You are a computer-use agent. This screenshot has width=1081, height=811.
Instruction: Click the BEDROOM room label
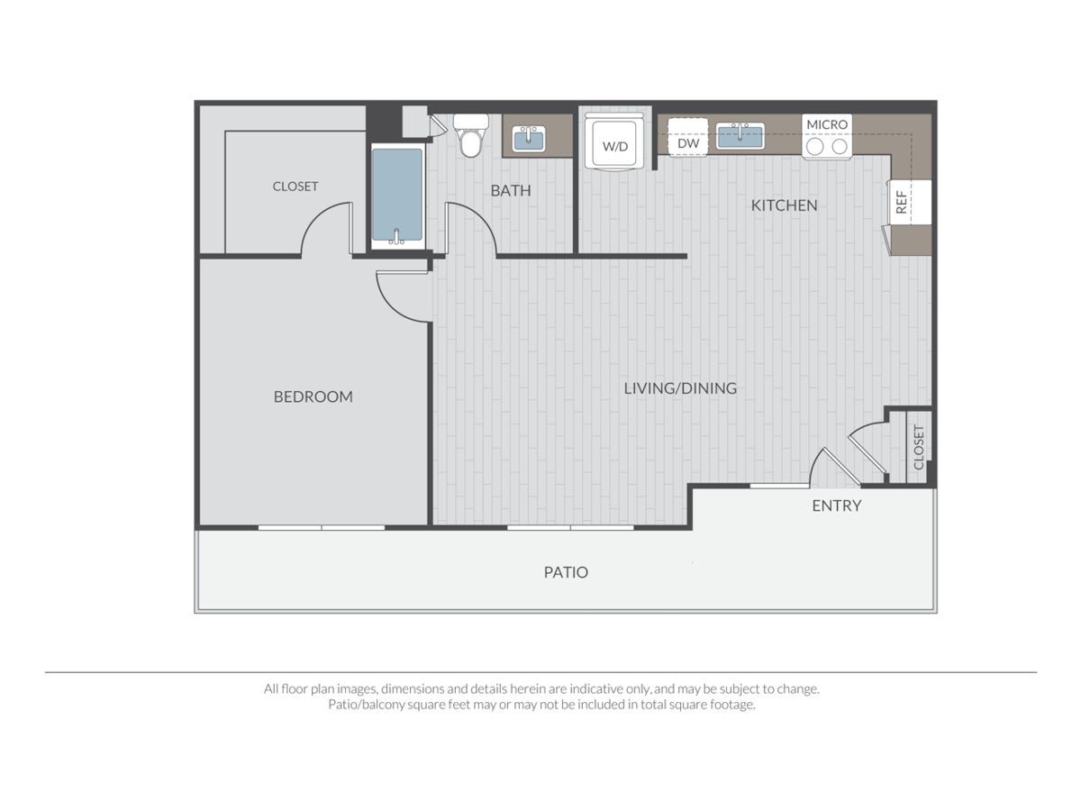(313, 396)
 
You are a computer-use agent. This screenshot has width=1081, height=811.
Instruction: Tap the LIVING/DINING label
(680, 388)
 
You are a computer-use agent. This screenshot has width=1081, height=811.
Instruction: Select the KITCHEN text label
(784, 205)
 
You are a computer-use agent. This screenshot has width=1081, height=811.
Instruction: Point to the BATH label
(510, 191)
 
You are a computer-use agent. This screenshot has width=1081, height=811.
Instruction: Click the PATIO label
(566, 572)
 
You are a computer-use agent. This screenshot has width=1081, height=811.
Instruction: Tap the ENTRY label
(836, 506)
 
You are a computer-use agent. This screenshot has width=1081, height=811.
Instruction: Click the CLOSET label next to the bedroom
(295, 187)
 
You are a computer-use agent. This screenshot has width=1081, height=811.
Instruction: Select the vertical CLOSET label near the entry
(918, 448)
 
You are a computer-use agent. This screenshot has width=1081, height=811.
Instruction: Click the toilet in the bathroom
(469, 136)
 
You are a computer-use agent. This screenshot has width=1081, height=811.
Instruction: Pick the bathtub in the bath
(396, 196)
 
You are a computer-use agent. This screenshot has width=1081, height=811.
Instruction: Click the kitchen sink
(740, 136)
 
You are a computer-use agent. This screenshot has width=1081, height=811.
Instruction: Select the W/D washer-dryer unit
(614, 142)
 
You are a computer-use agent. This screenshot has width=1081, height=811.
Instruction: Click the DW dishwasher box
(688, 142)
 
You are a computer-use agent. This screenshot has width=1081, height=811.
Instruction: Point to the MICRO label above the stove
(827, 124)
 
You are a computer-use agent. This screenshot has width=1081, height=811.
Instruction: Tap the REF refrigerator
(905, 201)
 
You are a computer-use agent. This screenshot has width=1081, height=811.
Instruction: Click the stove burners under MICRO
(827, 146)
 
